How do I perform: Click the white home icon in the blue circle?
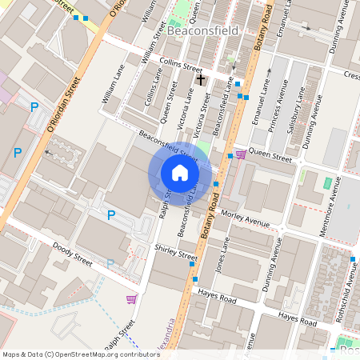180,173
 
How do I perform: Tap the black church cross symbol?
201,79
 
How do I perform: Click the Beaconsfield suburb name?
203,30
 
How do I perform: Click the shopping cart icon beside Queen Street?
241,154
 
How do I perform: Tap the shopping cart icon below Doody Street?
131,299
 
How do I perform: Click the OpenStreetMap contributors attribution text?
81,354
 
